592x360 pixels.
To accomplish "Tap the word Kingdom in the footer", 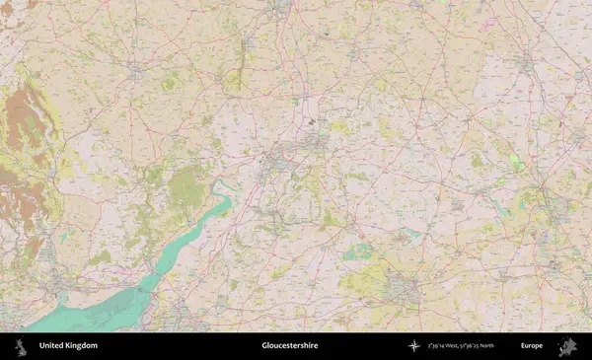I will (82, 346).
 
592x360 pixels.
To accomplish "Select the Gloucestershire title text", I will (289, 346).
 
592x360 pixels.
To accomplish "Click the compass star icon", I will (414, 346).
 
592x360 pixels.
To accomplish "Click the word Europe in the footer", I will (532, 346).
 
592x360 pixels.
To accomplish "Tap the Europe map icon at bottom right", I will (567, 346).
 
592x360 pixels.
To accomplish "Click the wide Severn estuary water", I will (89, 311).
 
